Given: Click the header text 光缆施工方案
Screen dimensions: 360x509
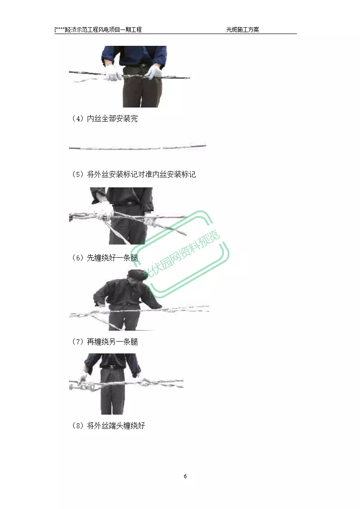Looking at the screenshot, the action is coord(242,29).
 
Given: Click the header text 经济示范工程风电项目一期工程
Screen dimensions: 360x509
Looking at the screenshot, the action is coord(104,29).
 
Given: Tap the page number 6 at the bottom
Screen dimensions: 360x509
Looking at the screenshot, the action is coord(185,476).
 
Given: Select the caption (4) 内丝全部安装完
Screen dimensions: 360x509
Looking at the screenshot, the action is coord(104,118).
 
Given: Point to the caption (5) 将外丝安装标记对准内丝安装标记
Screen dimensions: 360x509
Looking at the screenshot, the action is coord(134,174).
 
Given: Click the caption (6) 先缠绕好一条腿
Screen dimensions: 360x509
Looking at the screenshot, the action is coord(104,258).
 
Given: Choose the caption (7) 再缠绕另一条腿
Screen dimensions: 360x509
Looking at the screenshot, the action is coord(104,342).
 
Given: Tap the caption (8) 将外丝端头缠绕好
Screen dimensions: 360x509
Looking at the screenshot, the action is coord(108,426).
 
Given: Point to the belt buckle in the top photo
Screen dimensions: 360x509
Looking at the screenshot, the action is coord(142,66).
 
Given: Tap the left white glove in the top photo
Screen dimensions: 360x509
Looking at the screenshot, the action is coord(113,73).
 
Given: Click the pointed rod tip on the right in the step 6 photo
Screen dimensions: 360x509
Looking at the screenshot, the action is coord(185,233).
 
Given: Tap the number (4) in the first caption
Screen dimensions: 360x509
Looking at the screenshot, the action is coord(78,118).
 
